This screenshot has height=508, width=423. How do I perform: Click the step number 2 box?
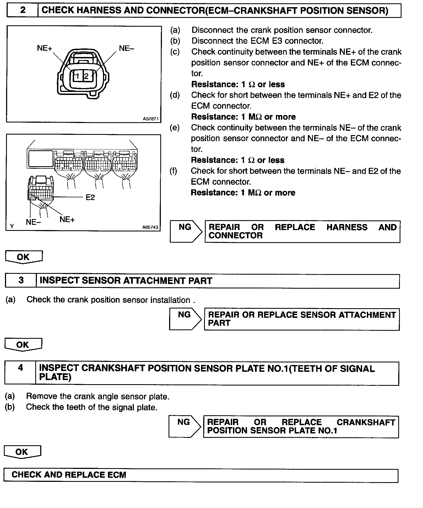click(x=23, y=10)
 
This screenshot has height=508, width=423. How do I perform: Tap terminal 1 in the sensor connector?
click(x=78, y=76)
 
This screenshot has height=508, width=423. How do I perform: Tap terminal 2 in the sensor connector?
click(x=86, y=76)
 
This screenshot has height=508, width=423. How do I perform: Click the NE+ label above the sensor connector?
click(x=45, y=48)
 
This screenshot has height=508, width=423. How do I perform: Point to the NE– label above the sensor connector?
click(x=126, y=48)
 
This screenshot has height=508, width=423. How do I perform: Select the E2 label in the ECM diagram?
click(x=90, y=197)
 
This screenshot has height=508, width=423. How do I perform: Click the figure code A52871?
click(x=151, y=119)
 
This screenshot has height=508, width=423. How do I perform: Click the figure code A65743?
click(x=150, y=227)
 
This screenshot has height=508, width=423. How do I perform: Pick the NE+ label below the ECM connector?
click(x=67, y=219)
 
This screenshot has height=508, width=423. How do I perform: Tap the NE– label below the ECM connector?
click(x=33, y=222)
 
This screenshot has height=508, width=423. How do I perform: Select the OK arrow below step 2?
click(x=24, y=257)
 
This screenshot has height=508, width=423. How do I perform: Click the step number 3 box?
click(x=21, y=280)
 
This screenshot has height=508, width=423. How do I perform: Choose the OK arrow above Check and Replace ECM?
click(x=22, y=452)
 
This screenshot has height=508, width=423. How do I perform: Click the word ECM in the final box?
click(x=117, y=475)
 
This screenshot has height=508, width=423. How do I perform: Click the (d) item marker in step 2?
click(x=175, y=95)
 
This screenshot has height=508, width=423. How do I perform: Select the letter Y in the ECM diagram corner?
click(x=12, y=226)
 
